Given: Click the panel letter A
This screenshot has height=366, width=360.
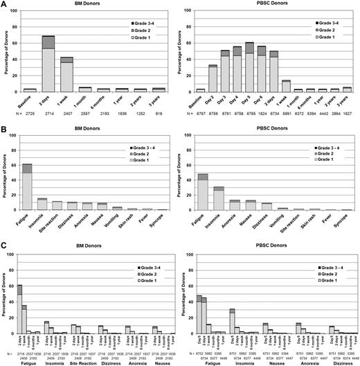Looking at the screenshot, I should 4,4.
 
